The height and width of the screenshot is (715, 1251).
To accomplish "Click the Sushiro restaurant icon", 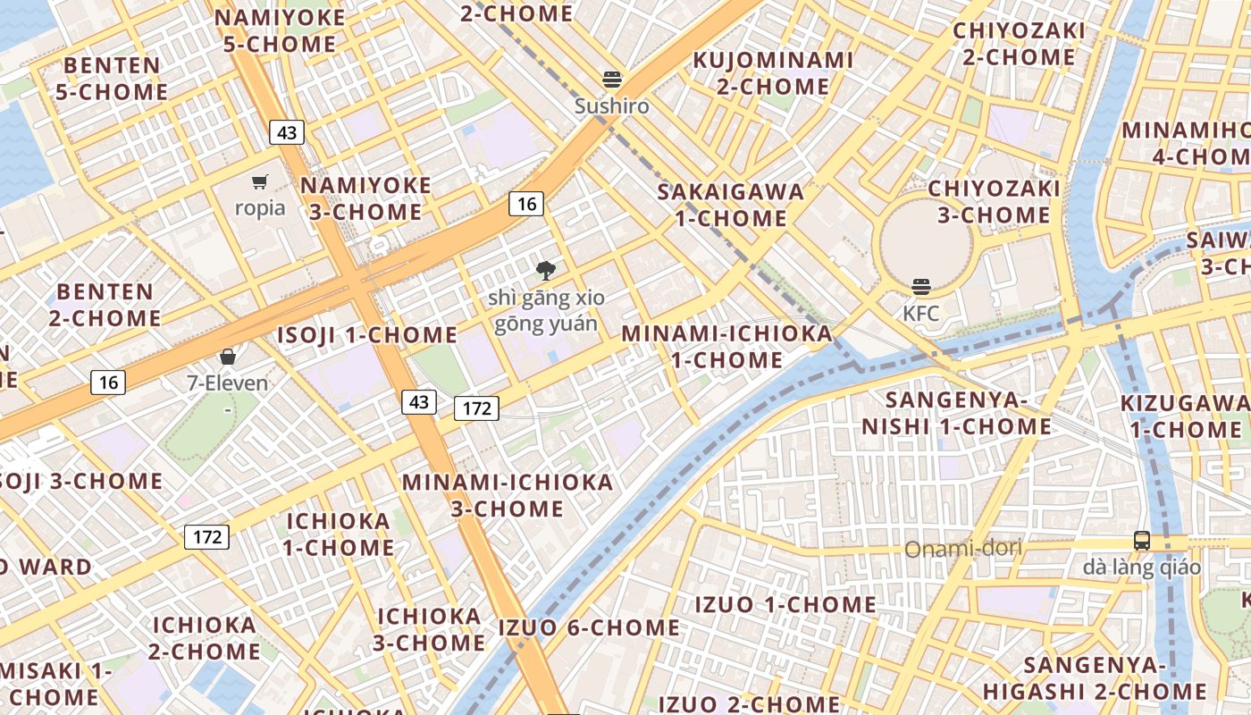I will click(x=612, y=80).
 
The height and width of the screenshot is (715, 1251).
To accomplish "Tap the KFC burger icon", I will click(x=921, y=287).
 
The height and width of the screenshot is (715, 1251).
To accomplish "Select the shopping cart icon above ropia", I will click(x=260, y=182).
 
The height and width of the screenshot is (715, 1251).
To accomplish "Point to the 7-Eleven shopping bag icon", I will click(x=228, y=357).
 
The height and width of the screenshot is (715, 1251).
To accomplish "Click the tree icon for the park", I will click(x=546, y=270).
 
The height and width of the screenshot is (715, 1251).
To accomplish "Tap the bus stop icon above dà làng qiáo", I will click(x=1142, y=540).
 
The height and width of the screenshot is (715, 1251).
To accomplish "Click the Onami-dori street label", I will click(x=963, y=548).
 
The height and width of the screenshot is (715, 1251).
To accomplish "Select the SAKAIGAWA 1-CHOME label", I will click(x=731, y=205).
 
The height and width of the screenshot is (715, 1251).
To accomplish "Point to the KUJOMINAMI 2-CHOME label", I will click(x=774, y=73).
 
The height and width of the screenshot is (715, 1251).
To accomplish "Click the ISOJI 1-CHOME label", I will click(x=367, y=335).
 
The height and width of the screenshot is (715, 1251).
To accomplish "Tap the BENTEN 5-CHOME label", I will click(x=112, y=79).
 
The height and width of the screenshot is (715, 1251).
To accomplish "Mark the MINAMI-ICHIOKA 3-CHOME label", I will click(x=508, y=495).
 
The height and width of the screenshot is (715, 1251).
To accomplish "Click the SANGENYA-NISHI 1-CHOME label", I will click(x=956, y=412).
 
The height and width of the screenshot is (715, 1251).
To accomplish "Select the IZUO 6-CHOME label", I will click(x=589, y=627).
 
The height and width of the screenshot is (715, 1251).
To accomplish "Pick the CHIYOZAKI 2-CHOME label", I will click(x=1019, y=44).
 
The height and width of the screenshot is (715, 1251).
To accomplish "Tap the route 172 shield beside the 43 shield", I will click(x=477, y=408).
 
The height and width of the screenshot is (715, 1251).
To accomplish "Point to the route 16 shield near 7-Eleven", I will click(x=108, y=383).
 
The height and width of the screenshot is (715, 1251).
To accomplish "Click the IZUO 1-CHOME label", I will click(x=785, y=604).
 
